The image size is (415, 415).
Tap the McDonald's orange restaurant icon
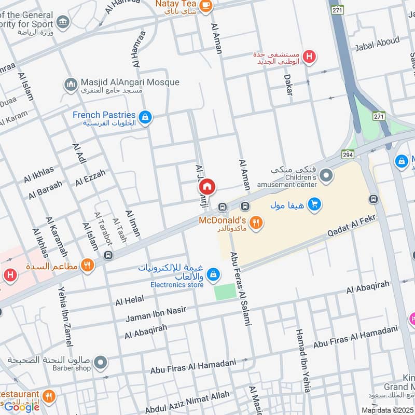tap(255, 223)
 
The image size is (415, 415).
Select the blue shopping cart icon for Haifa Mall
tap(313, 205)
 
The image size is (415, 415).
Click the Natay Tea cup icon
tap(206, 5)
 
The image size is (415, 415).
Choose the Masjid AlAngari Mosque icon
tap(71, 84)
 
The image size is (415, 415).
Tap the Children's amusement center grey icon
tap(326, 176)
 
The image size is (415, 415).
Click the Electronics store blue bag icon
tap(212, 273)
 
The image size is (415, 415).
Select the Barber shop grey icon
tap(101, 362)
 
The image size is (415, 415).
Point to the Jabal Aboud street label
tap(377, 44)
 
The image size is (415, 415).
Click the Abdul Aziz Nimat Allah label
tap(187, 402)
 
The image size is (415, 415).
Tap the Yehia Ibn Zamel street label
tap(65, 316)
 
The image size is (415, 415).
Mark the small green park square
tap(225, 292)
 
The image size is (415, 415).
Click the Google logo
tap(22, 407)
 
